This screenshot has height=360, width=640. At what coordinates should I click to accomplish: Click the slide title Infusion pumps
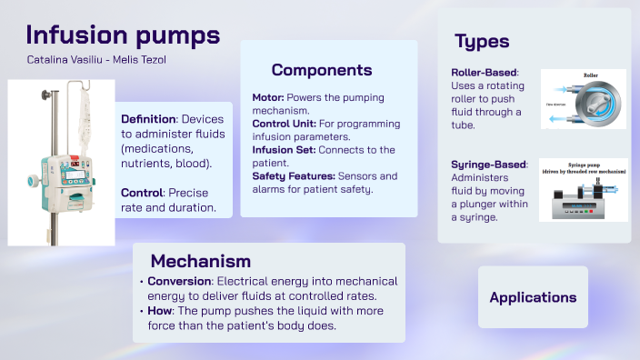pyautogui.click(x=123, y=35)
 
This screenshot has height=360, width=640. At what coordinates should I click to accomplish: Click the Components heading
pyautogui.click(x=322, y=70)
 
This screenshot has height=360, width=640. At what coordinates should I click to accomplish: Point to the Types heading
pyautogui.click(x=482, y=41)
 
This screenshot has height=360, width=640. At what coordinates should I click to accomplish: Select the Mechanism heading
pyautogui.click(x=201, y=262)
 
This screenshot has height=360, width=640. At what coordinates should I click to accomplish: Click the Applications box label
pyautogui.click(x=533, y=297)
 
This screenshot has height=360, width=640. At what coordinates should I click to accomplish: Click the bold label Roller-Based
pyautogui.click(x=484, y=73)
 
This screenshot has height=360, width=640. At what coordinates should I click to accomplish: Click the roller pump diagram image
pyautogui.click(x=583, y=99)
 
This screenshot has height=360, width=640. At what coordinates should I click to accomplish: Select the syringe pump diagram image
pyautogui.click(x=583, y=191)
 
